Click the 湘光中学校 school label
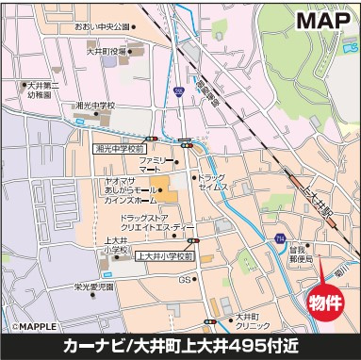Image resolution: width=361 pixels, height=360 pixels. (95, 106)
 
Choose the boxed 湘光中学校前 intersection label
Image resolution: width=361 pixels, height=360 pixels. (120, 148)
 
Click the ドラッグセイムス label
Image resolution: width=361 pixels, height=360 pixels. (214, 183)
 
